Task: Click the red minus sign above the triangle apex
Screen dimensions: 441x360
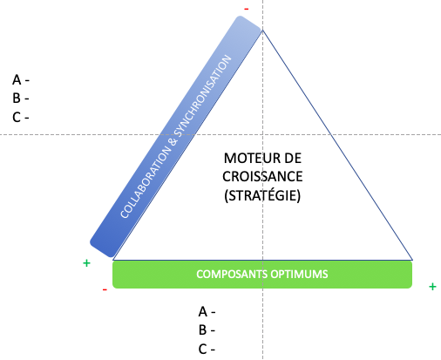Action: click(247, 10)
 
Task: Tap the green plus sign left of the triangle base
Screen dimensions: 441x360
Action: click(86, 263)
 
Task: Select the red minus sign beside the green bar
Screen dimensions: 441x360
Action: click(105, 289)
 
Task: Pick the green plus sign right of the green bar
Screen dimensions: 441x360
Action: click(432, 287)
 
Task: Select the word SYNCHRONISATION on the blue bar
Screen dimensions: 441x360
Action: click(204, 96)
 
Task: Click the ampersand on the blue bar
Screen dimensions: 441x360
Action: click(173, 141)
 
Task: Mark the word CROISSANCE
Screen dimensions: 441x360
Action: click(262, 177)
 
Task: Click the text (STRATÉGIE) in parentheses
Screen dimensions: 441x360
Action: click(262, 195)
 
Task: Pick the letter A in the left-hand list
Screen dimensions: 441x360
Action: click(17, 80)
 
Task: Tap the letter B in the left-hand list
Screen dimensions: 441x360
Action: click(17, 98)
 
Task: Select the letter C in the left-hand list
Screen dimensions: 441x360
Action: click(17, 118)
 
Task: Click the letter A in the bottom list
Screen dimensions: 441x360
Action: click(203, 312)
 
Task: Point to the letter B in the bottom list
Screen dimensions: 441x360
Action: click(202, 330)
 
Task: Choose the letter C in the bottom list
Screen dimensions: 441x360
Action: click(203, 350)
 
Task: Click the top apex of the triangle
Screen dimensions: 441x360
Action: click(262, 30)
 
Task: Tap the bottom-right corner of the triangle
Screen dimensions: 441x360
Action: click(412, 260)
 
